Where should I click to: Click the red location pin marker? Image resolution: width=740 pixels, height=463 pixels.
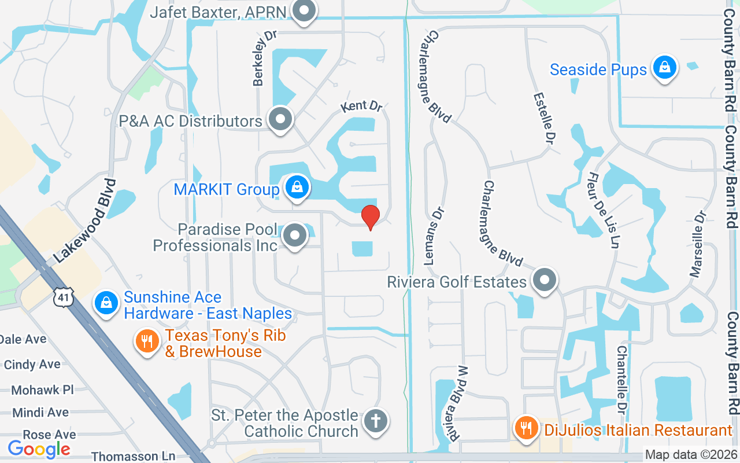click(370, 217)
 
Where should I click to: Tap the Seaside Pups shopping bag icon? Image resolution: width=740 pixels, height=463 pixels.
click(665, 68)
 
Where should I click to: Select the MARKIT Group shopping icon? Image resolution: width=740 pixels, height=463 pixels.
click(297, 188)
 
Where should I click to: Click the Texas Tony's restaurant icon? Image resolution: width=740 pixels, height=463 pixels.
click(147, 341)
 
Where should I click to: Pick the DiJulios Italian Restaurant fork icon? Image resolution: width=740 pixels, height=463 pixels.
click(526, 428)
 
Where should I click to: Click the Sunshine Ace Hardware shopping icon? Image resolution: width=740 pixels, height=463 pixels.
click(106, 303)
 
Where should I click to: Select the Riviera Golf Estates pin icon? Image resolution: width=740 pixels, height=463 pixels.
click(544, 281)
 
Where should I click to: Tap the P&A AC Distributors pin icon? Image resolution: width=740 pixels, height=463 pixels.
click(281, 119)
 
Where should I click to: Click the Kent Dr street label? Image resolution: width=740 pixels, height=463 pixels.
click(362, 106)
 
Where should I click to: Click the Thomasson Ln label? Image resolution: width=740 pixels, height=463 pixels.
click(134, 457)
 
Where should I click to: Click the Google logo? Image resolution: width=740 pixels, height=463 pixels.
click(39, 449)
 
